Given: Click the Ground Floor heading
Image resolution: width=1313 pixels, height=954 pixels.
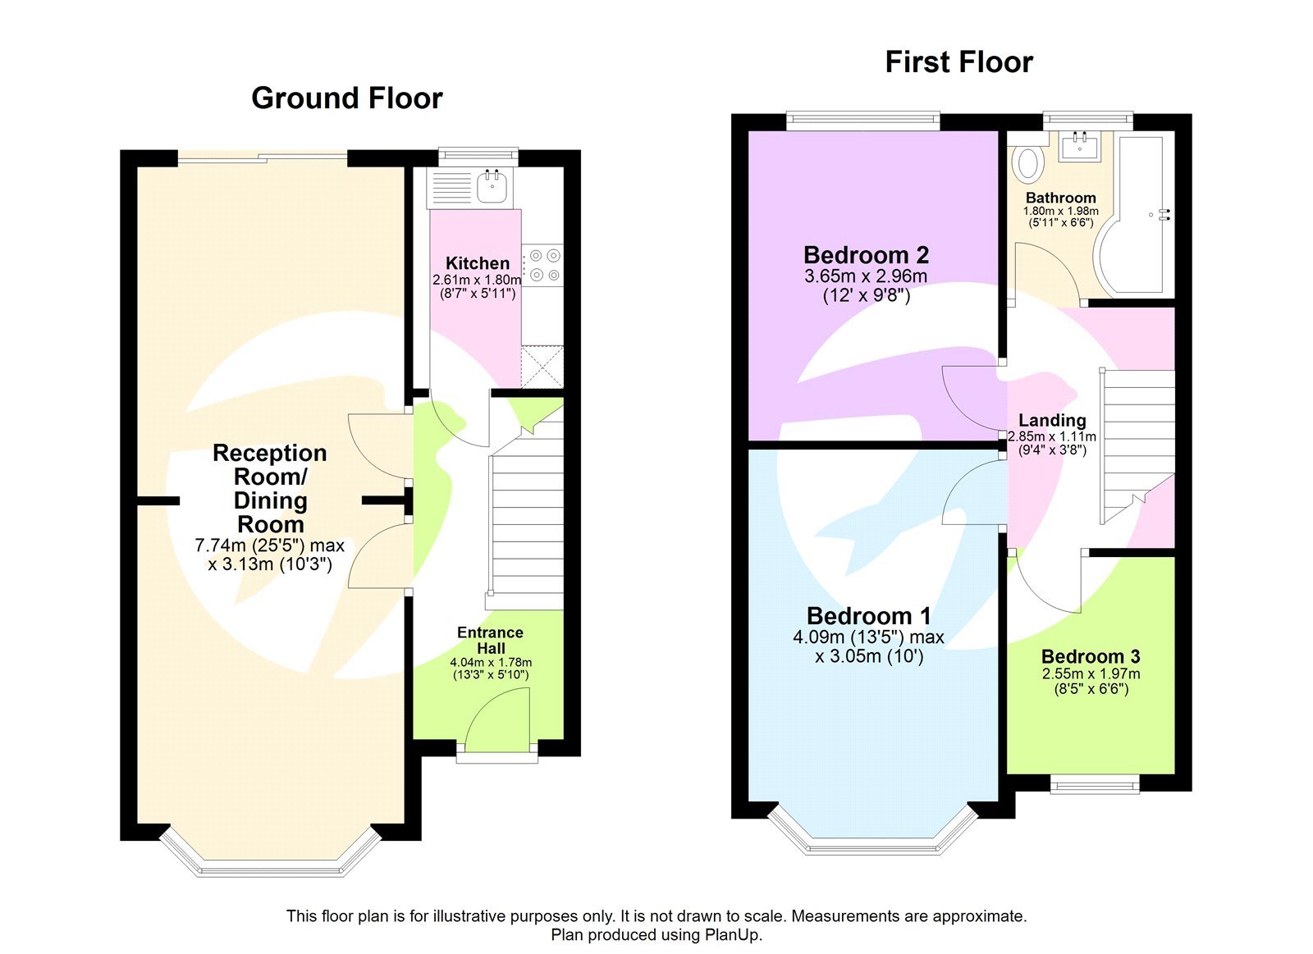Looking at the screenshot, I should click(346, 98).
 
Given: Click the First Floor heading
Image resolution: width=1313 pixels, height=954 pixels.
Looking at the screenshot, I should click(958, 62).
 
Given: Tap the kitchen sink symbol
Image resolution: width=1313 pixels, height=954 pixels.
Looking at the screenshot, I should click(492, 188).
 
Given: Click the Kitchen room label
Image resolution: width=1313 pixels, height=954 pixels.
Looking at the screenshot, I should click(477, 263).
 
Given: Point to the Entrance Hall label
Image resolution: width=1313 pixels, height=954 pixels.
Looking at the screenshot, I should click(490, 640).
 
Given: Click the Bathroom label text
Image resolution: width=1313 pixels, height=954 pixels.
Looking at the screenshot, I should click(1060, 198).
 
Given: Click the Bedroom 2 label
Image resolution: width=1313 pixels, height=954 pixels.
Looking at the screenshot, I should click(866, 255).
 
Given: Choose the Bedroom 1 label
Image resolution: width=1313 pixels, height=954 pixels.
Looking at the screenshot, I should click(868, 616).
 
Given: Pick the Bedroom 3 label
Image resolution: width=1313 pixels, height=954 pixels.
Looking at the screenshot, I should click(1090, 656).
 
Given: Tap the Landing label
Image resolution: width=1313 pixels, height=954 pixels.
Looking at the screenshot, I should click(1052, 420).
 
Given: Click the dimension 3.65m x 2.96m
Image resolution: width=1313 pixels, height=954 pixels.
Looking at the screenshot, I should click(866, 276).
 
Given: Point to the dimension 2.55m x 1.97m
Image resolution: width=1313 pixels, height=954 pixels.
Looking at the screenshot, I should click(1091, 673).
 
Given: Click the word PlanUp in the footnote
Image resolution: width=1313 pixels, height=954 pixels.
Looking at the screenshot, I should click(731, 935).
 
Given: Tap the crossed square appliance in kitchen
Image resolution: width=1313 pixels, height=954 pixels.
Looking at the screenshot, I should click(542, 367).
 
